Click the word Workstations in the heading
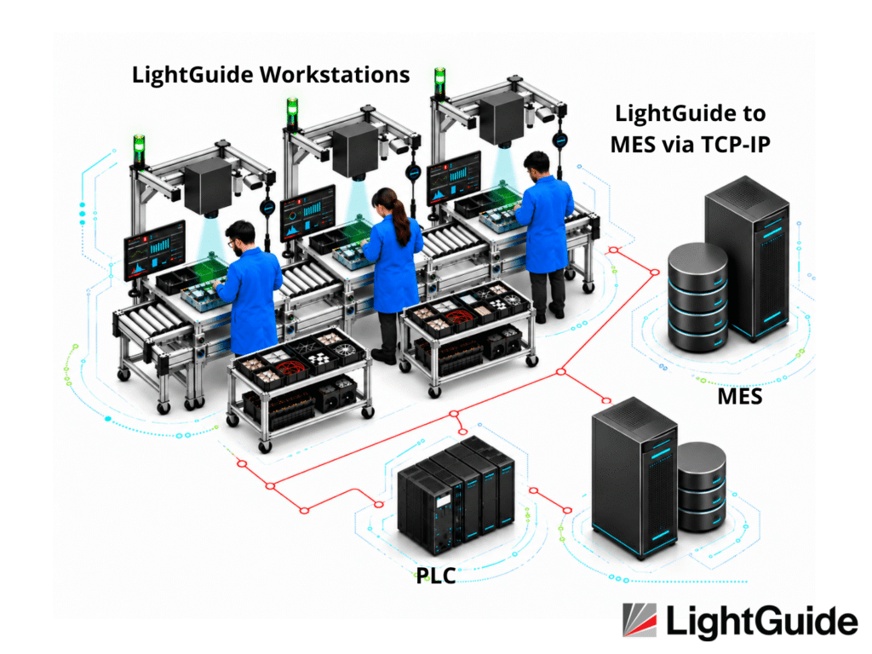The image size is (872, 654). pos(335,75)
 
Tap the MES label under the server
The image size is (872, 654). pos(740,397)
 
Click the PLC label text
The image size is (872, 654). pos(436,576)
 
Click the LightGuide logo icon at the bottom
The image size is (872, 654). pos(640,620)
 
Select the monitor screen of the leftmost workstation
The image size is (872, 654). pos(155,250)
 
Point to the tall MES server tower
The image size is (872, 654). pos(748,259)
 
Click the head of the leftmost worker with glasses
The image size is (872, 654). pos(241,238)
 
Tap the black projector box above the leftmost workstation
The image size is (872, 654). pos(208,187)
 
